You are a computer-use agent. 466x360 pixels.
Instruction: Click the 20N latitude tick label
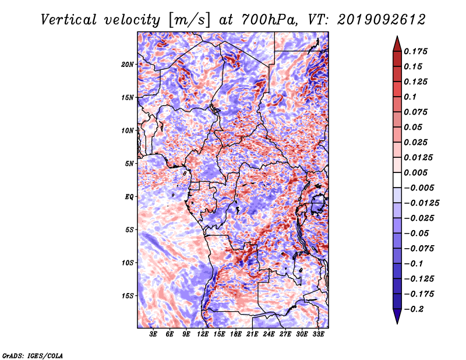127,65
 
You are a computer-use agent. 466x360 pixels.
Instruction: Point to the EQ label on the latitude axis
129,197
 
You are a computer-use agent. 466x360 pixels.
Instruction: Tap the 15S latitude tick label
127,296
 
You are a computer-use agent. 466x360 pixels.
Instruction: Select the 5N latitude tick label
129,164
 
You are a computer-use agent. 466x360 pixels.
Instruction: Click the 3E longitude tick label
153,334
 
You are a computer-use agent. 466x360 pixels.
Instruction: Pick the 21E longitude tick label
252,334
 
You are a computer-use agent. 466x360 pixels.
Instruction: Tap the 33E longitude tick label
318,334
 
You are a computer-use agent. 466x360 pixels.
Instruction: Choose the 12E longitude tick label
203,334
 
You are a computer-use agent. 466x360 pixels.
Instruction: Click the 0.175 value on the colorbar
415,51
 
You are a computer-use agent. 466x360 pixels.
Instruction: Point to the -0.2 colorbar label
414,309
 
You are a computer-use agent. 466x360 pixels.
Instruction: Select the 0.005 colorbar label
415,172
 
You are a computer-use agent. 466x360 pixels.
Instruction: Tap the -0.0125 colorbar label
421,203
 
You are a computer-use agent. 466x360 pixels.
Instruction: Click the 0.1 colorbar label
410,97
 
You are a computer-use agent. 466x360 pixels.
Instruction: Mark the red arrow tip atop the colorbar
397,36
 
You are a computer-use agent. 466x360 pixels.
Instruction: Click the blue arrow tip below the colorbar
397,323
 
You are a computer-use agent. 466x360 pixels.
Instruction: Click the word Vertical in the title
69,20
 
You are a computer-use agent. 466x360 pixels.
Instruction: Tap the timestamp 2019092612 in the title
382,20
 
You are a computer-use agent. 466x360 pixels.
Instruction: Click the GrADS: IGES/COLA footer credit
33,355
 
